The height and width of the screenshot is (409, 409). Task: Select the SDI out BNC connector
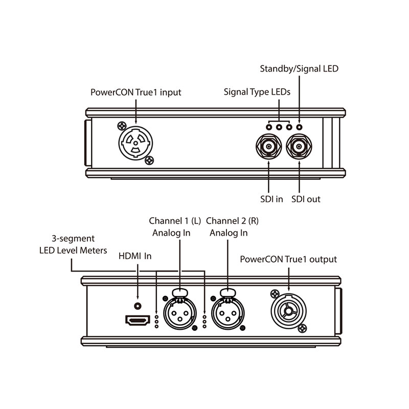(299, 149)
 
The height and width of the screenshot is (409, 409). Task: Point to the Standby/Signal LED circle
(299, 126)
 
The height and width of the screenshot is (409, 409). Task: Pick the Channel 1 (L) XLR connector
(180, 313)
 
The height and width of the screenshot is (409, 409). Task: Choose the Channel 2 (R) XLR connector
(228, 313)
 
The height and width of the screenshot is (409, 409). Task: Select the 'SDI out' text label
(306, 199)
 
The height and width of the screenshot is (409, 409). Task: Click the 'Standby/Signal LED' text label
(299, 68)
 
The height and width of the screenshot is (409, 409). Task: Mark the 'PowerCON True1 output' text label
(288, 259)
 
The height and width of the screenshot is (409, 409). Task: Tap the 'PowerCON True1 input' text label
(135, 93)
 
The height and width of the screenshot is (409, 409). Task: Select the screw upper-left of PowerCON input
(121, 125)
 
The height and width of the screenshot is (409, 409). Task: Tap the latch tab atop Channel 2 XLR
(228, 292)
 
